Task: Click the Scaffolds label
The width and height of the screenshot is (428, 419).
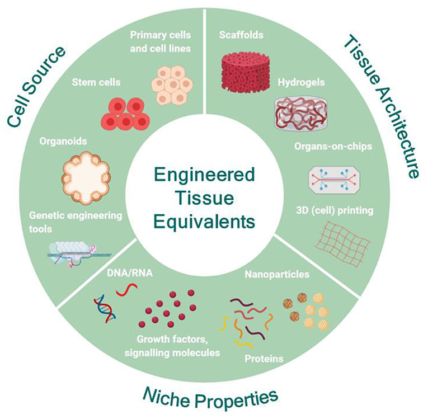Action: [241, 35]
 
